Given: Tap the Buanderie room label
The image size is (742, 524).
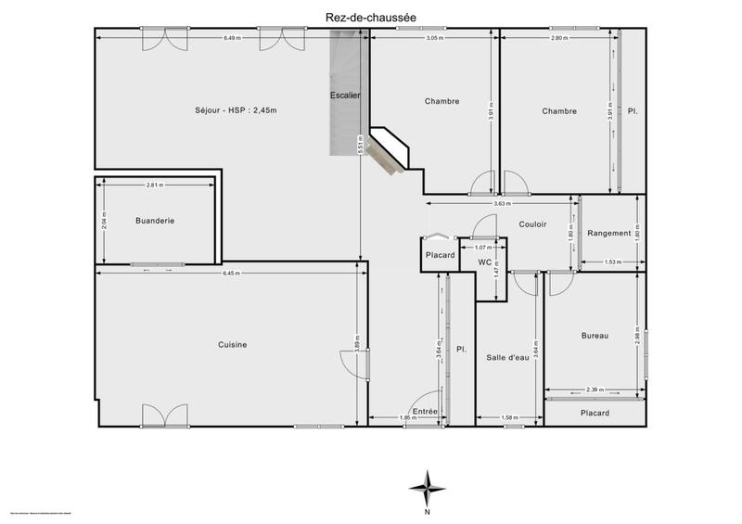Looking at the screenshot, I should coord(155,221).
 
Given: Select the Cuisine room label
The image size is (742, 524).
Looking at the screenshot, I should coord(232,345).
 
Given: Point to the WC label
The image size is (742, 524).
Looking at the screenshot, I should coord(484,262).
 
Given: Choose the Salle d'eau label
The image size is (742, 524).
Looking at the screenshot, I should coord(507,356).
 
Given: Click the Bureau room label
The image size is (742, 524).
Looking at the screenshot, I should coord(595,336).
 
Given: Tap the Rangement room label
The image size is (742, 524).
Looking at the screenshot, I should coord(609,234).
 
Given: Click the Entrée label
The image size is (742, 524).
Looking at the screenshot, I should coord(425,411).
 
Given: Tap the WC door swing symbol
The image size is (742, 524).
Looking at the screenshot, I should coord(483,226).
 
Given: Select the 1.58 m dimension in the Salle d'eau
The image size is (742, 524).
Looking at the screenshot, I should coord(508,417).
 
